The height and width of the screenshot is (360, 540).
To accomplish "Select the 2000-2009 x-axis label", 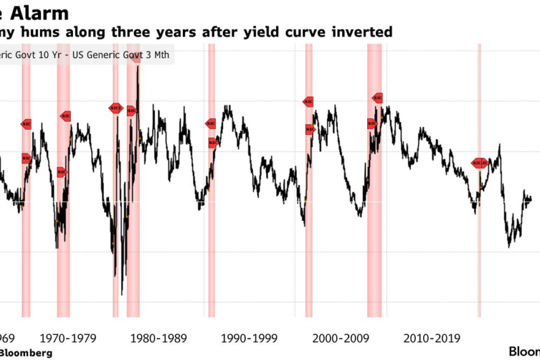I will coord(341,336).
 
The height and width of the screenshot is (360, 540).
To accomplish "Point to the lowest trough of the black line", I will coord(122,294).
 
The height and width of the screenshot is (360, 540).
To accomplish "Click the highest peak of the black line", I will coord(138,66).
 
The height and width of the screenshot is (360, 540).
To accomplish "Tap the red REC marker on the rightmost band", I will coord(479,163).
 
